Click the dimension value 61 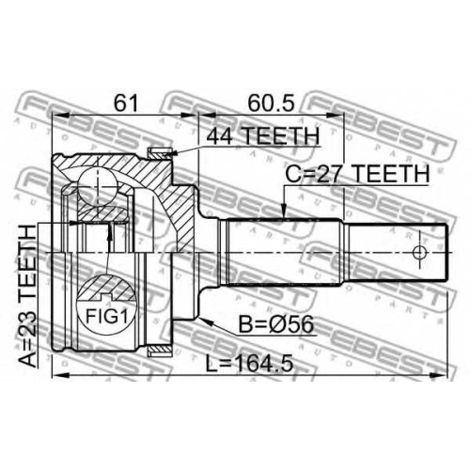click(x=126, y=103)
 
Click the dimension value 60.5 click(x=272, y=103)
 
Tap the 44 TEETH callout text click(x=263, y=135)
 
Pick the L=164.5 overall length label click(x=249, y=364)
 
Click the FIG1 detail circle click(x=107, y=305)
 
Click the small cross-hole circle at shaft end click(x=419, y=253)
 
